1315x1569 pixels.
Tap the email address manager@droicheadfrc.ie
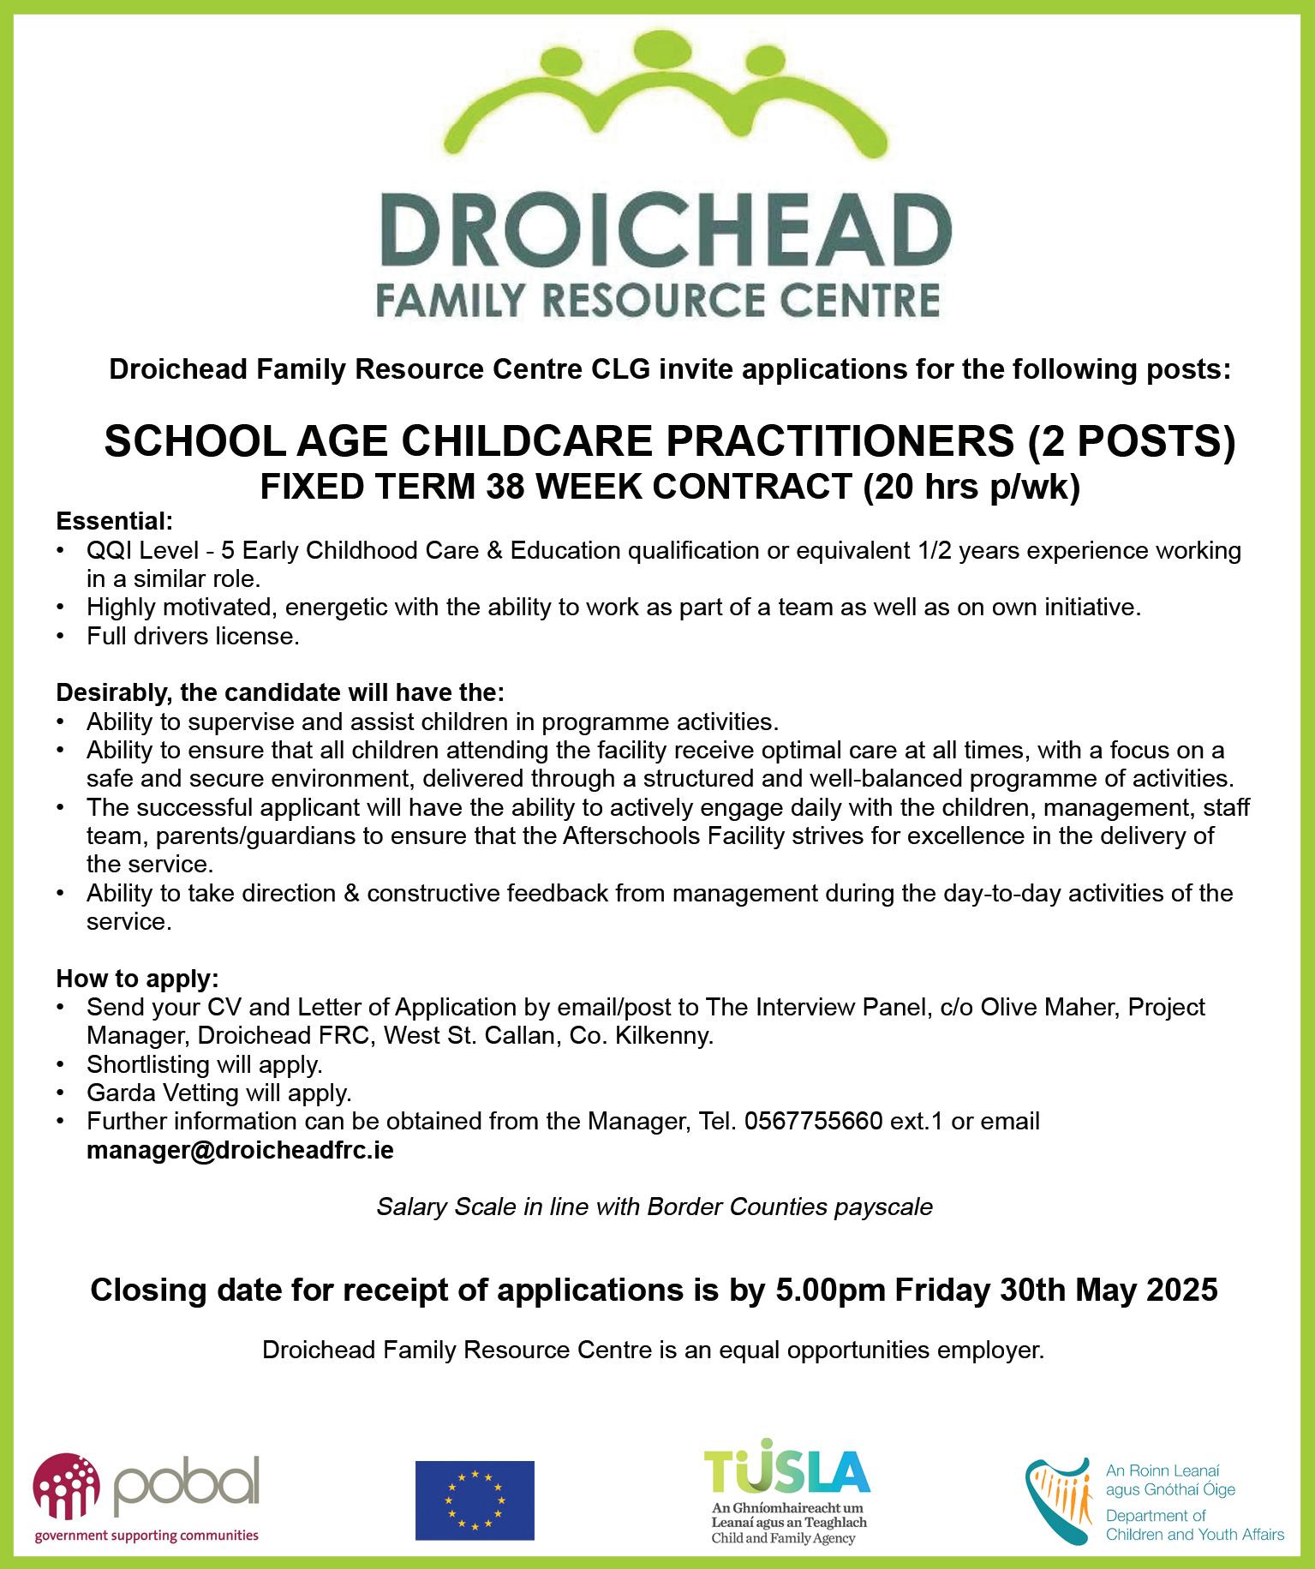[x=240, y=1150]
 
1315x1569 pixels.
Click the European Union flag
[x=474, y=1500]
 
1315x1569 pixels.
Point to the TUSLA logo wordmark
[x=786, y=1470]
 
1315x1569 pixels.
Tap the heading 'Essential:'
[x=115, y=520]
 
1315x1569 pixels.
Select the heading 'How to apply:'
[x=137, y=978]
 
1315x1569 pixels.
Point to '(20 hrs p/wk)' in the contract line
[x=971, y=488]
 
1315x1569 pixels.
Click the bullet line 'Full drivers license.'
[x=193, y=637]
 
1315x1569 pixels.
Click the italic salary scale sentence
[x=655, y=1207]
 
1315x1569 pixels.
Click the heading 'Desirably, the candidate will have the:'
[x=280, y=691]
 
